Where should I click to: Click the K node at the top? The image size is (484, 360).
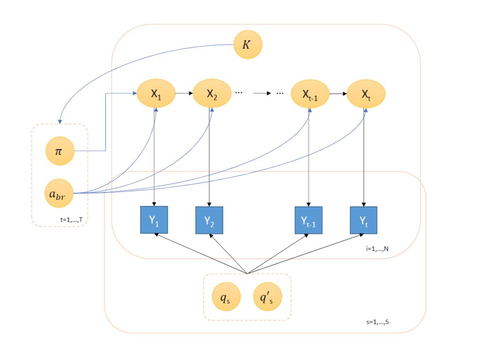(248, 45)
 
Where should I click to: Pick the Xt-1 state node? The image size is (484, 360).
(310, 94)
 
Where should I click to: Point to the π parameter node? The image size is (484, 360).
(60, 151)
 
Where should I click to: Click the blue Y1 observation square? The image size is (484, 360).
(154, 220)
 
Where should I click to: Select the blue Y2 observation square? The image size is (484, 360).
(209, 220)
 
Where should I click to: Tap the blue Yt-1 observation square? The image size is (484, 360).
(308, 220)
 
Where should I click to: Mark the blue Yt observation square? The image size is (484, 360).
(364, 220)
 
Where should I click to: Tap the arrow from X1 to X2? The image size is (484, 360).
(184, 94)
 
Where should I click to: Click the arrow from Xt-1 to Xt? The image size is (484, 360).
(337, 94)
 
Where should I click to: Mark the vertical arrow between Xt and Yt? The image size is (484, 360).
(364, 156)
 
